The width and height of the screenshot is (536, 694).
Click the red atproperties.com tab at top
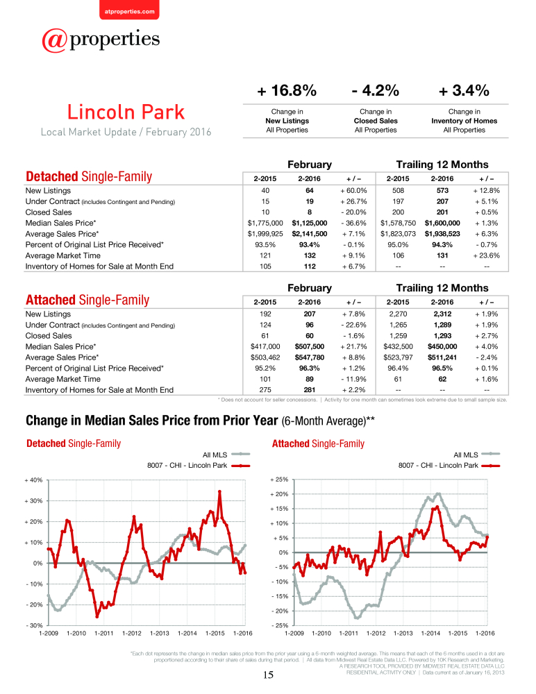click(129, 10)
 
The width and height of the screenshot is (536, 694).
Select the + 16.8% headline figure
click(287, 91)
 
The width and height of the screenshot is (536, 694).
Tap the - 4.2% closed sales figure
click(376, 91)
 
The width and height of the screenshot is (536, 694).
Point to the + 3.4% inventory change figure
click(464, 91)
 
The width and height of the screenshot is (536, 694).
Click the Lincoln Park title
click(126, 112)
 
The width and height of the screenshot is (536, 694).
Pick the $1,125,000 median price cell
click(310, 223)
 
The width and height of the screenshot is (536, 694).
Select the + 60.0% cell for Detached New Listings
click(353, 191)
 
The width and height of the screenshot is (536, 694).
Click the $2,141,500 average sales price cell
click(310, 234)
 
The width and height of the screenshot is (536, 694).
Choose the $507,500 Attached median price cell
click(310, 346)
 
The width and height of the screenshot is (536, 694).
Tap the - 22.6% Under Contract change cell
click(353, 325)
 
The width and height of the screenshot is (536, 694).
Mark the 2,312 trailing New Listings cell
click(442, 314)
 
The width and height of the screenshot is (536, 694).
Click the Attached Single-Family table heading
click(87, 300)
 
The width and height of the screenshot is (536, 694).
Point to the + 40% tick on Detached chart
click(33, 480)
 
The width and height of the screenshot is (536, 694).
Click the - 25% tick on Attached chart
click(280, 625)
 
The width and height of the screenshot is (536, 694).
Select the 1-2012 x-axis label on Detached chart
click(131, 634)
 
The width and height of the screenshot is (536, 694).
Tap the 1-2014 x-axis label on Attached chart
click(430, 634)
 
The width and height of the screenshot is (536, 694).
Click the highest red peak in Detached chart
click(219, 491)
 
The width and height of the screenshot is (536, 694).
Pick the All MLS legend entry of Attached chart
click(477, 455)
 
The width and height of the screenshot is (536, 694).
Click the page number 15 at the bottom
click(269, 675)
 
